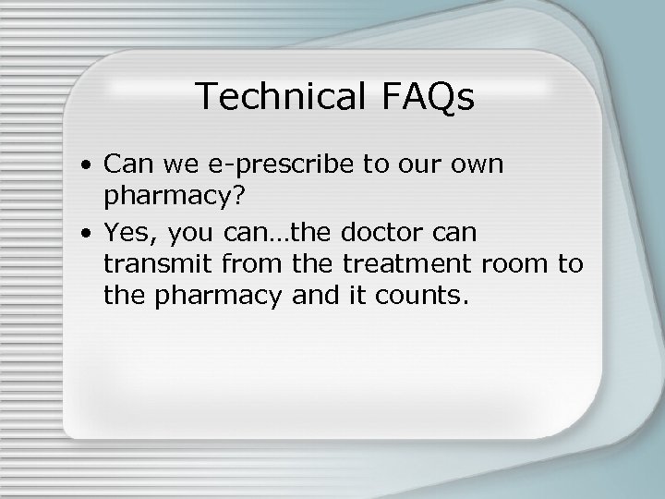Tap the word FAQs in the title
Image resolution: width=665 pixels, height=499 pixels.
click(426, 97)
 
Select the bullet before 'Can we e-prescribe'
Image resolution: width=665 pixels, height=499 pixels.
click(84, 166)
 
